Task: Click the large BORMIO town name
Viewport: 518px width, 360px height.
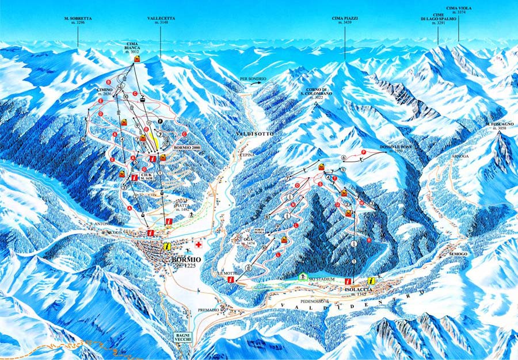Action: (x=186, y=260)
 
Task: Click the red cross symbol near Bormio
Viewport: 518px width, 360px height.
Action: (x=199, y=246)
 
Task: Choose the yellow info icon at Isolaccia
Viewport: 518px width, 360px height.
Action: (x=371, y=281)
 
